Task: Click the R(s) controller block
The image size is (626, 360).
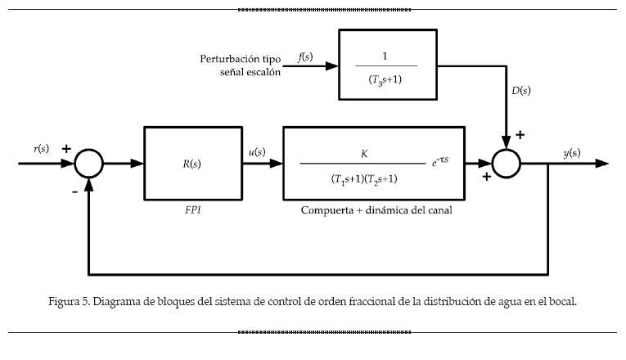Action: (x=192, y=163)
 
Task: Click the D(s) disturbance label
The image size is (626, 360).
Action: (x=521, y=90)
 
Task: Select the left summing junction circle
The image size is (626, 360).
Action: (x=89, y=164)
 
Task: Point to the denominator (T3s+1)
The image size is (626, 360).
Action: (x=386, y=80)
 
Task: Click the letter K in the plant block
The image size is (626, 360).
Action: (x=364, y=153)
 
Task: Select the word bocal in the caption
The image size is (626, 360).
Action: (x=563, y=301)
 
